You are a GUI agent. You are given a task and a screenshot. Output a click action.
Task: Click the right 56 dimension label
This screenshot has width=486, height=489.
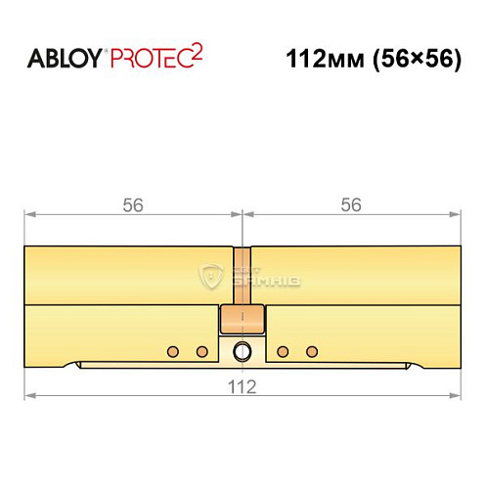coord(351,205)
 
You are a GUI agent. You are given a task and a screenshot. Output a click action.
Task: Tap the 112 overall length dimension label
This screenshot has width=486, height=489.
coord(242,386)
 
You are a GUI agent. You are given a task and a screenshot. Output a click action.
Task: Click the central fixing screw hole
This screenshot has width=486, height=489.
coord(243,351)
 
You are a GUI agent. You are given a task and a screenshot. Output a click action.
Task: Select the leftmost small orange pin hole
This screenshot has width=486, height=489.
coord(173,350)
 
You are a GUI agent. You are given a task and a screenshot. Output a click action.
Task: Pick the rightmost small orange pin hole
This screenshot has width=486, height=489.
coord(312,350)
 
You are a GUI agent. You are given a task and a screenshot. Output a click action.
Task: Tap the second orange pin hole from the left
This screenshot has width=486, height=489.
coord(202,350)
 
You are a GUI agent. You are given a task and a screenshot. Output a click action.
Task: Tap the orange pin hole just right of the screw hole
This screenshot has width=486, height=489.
coord(283,350)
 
